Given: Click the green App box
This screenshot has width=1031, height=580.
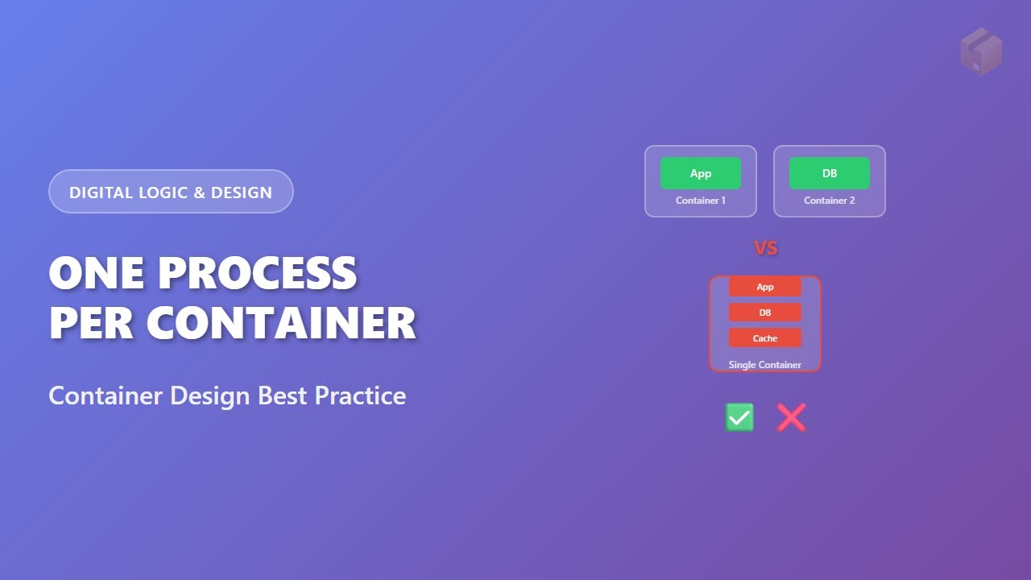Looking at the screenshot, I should pyautogui.click(x=700, y=173).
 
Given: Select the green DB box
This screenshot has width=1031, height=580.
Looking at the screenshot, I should pyautogui.click(x=829, y=173).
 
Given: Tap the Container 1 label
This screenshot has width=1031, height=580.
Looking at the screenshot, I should pyautogui.click(x=700, y=201).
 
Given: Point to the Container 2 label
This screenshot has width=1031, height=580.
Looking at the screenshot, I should pyautogui.click(x=829, y=201).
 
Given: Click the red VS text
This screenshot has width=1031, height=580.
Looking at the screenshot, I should pyautogui.click(x=765, y=248).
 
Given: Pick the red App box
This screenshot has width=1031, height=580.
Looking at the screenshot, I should pyautogui.click(x=764, y=287).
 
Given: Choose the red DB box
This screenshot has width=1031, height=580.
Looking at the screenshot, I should pyautogui.click(x=764, y=313).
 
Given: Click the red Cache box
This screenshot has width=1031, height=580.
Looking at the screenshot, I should pyautogui.click(x=764, y=338).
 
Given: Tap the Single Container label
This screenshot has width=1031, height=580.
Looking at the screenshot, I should pyautogui.click(x=764, y=365).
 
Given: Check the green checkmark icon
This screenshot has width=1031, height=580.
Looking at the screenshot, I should pyautogui.click(x=739, y=417).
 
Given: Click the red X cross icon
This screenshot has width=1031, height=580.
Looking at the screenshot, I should pyautogui.click(x=791, y=417).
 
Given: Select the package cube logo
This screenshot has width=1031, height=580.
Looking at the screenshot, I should pyautogui.click(x=981, y=52).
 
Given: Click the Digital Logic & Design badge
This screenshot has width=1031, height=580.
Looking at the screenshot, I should pyautogui.click(x=171, y=192).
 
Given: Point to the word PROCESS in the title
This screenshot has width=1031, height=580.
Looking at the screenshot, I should pyautogui.click(x=257, y=274).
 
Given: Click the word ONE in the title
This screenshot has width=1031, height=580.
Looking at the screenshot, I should pyautogui.click(x=97, y=274).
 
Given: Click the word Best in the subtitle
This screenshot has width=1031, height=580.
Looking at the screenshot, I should pyautogui.click(x=284, y=396).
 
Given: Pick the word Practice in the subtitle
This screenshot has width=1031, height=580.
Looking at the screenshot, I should pyautogui.click(x=360, y=396).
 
